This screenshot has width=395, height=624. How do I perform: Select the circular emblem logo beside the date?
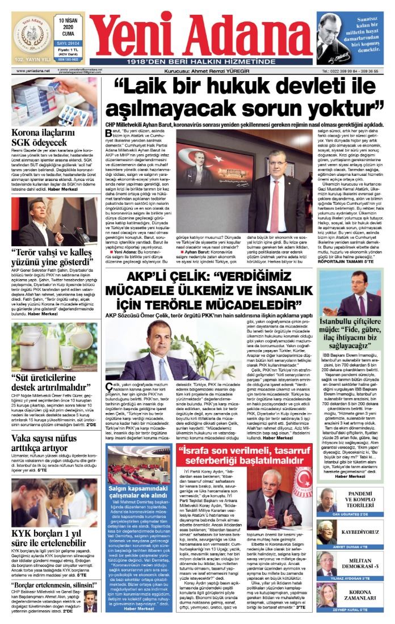32,35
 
